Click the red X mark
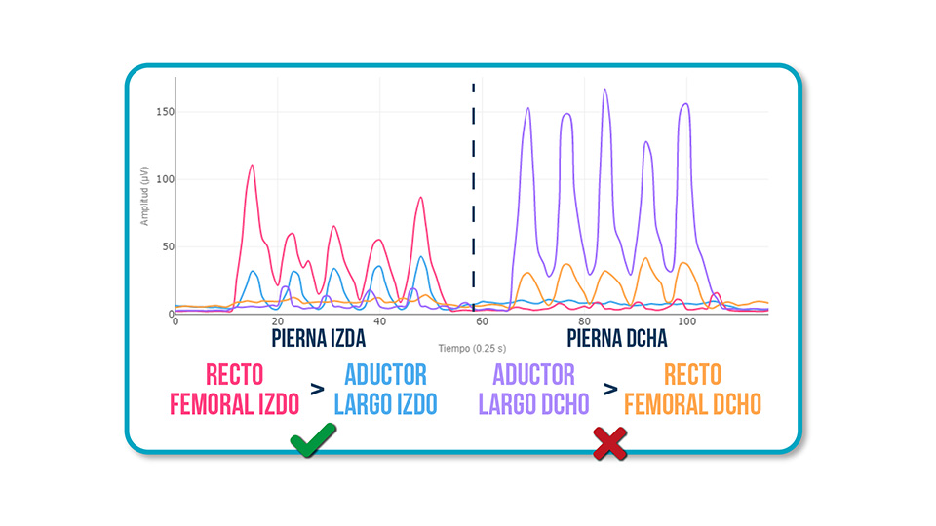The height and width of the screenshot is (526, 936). [x=609, y=443]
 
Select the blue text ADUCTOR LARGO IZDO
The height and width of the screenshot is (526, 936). [x=385, y=389]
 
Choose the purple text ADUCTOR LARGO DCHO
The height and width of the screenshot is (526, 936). [x=533, y=389]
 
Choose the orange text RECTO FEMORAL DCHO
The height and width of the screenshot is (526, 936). [x=692, y=389]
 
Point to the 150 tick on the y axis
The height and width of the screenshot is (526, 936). [x=165, y=112]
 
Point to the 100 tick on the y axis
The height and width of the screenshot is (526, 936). [x=165, y=179]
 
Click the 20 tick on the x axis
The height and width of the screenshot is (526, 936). [x=277, y=322]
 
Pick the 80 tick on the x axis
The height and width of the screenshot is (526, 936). [x=584, y=322]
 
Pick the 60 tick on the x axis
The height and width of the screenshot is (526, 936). [x=482, y=322]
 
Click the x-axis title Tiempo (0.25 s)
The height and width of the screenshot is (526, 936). [x=471, y=347]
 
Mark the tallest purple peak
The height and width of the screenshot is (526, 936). [x=604, y=91]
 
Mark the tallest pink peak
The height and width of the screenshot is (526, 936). [x=252, y=166]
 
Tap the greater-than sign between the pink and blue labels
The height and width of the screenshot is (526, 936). [x=317, y=390]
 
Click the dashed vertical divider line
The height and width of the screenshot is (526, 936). [x=474, y=195]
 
